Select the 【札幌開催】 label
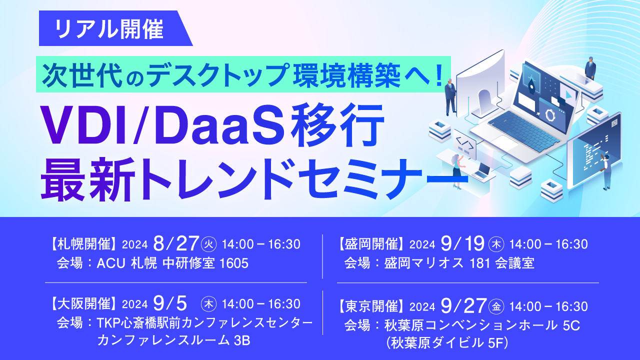[84, 244]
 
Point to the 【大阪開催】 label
[84, 303]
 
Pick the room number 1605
[234, 263]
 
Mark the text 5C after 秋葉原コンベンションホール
[571, 325]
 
